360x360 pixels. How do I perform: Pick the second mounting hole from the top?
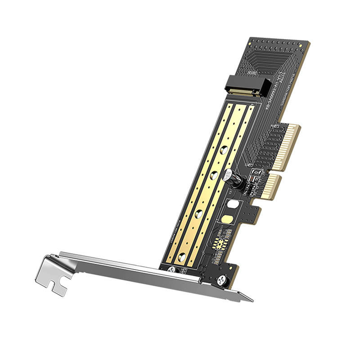click(214, 175)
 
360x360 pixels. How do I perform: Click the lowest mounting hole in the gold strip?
click(182, 257)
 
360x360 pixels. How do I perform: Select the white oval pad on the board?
click(233, 204)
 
